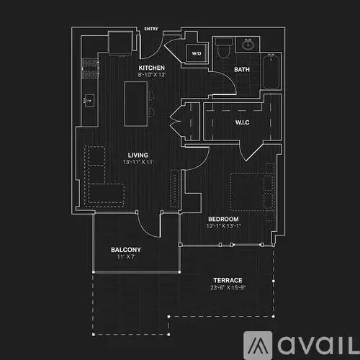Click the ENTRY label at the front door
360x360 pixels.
click(x=151, y=29)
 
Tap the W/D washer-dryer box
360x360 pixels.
click(x=197, y=53)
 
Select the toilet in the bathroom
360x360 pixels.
click(x=223, y=48)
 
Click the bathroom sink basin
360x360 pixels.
click(x=248, y=45)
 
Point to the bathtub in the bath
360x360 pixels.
click(x=271, y=72)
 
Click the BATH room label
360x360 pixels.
click(x=242, y=69)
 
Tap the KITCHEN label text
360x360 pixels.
click(x=152, y=68)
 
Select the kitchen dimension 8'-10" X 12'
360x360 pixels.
click(x=152, y=75)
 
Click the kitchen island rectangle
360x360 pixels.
click(x=136, y=104)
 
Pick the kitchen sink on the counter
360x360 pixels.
click(x=89, y=101)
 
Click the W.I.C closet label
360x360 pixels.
click(x=243, y=122)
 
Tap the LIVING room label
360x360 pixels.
click(x=138, y=155)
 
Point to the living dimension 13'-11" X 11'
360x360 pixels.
click(x=138, y=162)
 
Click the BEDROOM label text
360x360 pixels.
click(x=223, y=219)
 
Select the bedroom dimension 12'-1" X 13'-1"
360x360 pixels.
click(x=223, y=226)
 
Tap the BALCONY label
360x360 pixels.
click(x=126, y=250)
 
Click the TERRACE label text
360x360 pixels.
click(x=228, y=280)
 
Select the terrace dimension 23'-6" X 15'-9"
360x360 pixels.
click(x=228, y=287)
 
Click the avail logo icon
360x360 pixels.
click(x=258, y=345)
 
